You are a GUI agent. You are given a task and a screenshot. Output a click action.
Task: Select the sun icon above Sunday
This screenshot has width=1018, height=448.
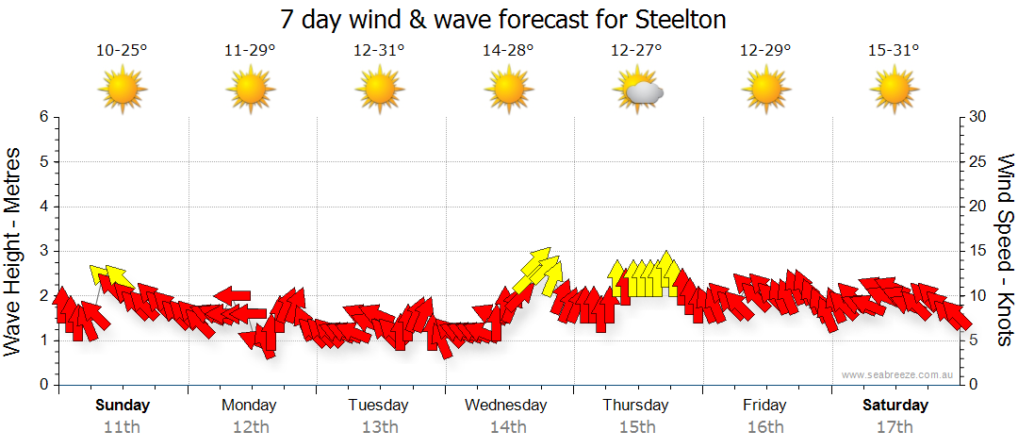point(123,91)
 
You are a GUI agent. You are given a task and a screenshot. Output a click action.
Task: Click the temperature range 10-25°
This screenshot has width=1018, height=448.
point(123,51)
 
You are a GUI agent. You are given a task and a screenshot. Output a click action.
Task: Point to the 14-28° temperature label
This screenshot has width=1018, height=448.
point(508,51)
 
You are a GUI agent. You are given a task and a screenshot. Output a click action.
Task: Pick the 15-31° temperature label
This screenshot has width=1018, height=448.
point(894,51)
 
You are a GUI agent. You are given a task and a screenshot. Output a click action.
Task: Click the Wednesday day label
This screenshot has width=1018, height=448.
point(506,406)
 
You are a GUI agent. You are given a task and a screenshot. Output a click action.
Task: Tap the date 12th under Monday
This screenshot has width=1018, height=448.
point(250,426)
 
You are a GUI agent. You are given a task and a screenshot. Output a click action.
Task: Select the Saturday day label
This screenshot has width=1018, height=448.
point(895,406)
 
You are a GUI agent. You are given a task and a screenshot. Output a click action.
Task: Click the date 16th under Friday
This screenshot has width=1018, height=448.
point(764,426)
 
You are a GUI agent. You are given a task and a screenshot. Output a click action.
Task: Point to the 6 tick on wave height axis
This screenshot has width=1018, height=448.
point(42,117)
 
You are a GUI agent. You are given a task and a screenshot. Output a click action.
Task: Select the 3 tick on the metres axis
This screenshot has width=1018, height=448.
point(42,251)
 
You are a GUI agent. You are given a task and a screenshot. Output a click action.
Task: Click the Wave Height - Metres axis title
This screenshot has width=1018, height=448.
point(13,251)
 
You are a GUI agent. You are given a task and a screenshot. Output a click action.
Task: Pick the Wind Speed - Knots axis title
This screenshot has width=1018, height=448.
point(1005,251)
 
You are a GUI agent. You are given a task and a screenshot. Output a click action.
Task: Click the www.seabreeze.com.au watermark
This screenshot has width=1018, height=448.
point(899,375)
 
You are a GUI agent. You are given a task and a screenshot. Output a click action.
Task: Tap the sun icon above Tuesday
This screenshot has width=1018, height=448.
point(380,91)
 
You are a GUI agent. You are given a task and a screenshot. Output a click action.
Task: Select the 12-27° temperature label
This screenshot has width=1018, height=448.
point(636,51)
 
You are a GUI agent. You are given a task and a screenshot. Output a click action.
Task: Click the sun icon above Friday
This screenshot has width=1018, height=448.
point(764,91)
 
